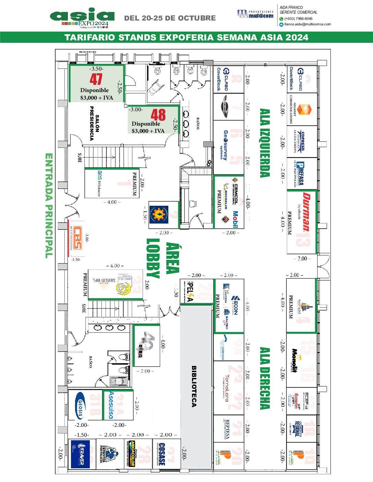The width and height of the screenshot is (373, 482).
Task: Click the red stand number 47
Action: pyautogui.click(x=96, y=79)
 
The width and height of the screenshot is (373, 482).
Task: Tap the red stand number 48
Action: pyautogui.click(x=158, y=115)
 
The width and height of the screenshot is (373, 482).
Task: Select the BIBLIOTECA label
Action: pyautogui.click(x=194, y=386)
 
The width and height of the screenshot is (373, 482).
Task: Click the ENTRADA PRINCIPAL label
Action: pyautogui.click(x=49, y=205)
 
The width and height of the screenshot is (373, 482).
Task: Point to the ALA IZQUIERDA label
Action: pyautogui.click(x=265, y=143)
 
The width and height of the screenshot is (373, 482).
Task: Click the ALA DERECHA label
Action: pyautogui.click(x=265, y=378)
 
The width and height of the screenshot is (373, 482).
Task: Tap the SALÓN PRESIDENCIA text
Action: pyautogui.click(x=94, y=123)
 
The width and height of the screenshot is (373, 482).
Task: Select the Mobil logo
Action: pyautogui.click(x=236, y=219)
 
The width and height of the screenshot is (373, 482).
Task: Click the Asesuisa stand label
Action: pyautogui.click(x=111, y=405)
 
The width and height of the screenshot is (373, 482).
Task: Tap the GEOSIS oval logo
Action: pyautogui.click(x=80, y=405)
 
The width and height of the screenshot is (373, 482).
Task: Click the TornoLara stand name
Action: pyautogui.click(x=227, y=387)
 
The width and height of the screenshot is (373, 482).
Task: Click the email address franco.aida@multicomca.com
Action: pyautogui.click(x=308, y=24)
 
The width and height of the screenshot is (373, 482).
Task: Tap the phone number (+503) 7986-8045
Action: pyautogui.click(x=298, y=19)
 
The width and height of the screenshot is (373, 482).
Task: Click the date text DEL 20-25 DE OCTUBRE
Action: pyautogui.click(x=170, y=18)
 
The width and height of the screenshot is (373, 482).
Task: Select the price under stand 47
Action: pyautogui.click(x=97, y=98)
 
